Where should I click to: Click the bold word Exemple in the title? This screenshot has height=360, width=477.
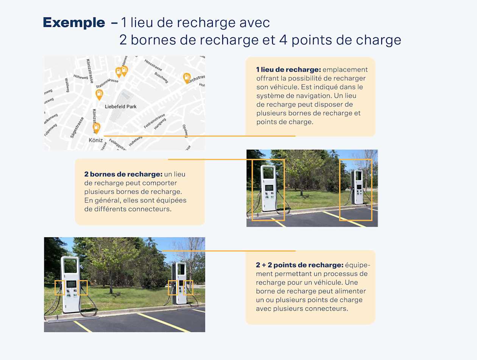tap(74, 23)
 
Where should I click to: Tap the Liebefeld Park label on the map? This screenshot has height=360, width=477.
tap(121, 106)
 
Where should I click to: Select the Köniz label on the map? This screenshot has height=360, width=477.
tap(95, 140)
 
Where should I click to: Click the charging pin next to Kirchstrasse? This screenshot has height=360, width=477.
tap(187, 78)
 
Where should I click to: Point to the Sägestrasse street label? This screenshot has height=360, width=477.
tap(77, 127)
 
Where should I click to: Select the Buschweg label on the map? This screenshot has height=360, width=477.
tap(161, 77)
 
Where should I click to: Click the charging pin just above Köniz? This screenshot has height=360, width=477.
tap(97, 128)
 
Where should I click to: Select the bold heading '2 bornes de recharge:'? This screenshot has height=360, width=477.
tap(123, 174)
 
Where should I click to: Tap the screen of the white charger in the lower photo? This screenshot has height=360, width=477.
tap(71, 284)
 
